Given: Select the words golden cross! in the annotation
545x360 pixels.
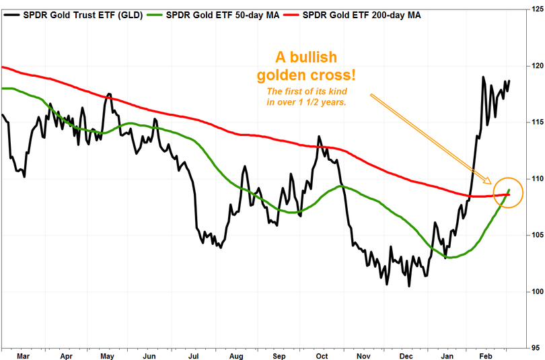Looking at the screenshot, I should (x=304, y=75).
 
